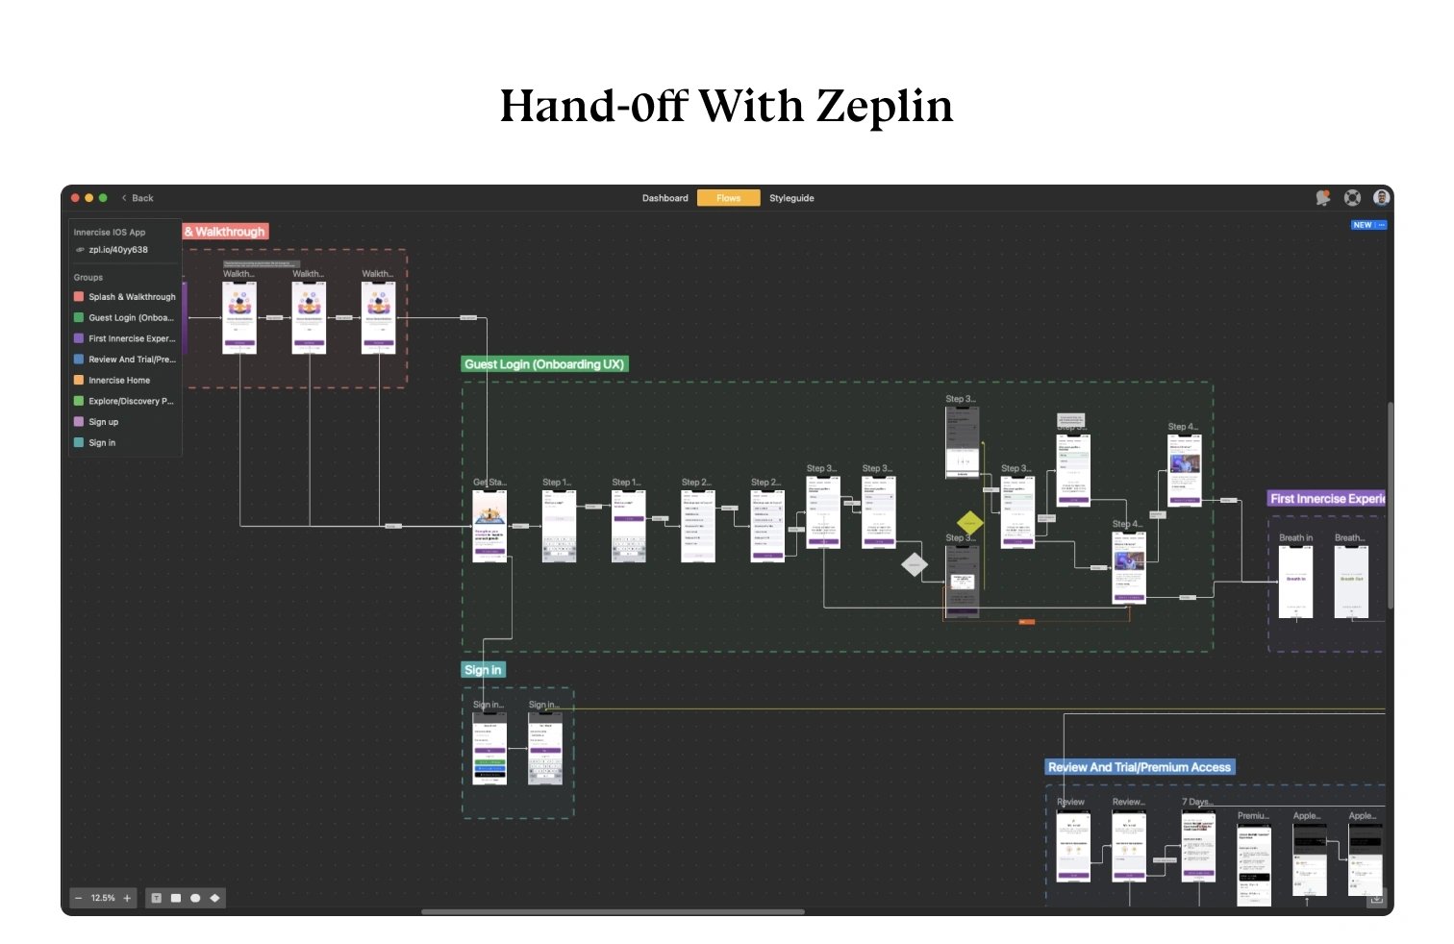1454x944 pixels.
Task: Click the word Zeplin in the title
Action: (884, 107)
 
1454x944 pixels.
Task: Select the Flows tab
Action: (728, 198)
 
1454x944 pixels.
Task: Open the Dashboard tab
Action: (664, 198)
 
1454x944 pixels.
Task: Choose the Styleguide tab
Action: (791, 198)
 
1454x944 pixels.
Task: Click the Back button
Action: (138, 198)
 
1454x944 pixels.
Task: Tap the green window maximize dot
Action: (103, 198)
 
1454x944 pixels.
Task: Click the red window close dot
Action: (76, 198)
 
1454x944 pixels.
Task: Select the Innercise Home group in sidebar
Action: (119, 381)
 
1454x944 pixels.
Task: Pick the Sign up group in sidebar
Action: (104, 422)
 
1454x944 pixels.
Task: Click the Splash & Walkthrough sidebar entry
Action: (132, 297)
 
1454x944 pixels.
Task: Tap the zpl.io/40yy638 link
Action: (118, 250)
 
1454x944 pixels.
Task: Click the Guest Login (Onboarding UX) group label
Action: (544, 364)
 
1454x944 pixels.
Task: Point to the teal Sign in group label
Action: (483, 670)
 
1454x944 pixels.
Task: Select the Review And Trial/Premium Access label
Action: (1139, 767)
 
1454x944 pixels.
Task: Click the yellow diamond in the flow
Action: (969, 523)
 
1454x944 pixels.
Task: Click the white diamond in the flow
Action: (915, 564)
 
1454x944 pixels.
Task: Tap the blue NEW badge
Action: (1363, 225)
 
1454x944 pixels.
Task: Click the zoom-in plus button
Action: (127, 899)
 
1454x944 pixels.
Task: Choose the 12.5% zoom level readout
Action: (103, 899)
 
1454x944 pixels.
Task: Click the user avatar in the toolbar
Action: (1382, 198)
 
